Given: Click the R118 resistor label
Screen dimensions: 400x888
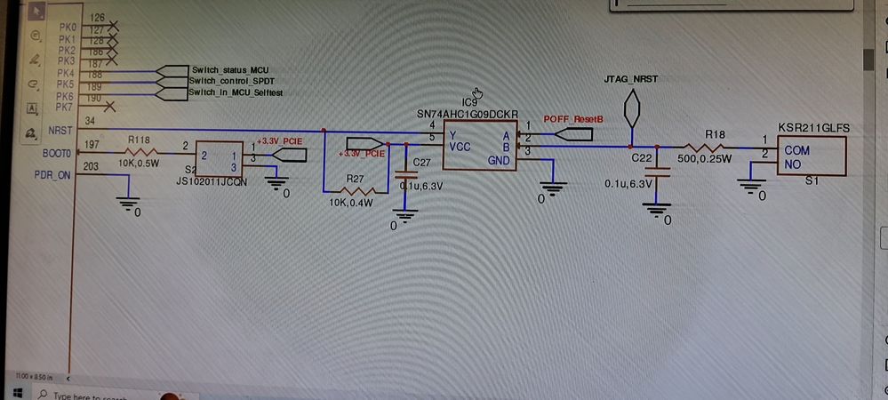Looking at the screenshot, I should coord(139,140).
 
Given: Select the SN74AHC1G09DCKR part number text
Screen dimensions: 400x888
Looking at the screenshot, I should coord(467,115).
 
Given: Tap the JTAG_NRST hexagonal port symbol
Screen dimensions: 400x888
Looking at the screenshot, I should coord(631,111).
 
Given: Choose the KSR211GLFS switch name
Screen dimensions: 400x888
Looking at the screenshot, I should coord(813,128).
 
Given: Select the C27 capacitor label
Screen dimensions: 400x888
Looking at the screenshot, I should coord(422,162).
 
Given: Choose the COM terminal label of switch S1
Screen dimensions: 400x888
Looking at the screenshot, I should coord(796,151).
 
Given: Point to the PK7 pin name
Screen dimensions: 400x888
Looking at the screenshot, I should coord(65,108).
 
